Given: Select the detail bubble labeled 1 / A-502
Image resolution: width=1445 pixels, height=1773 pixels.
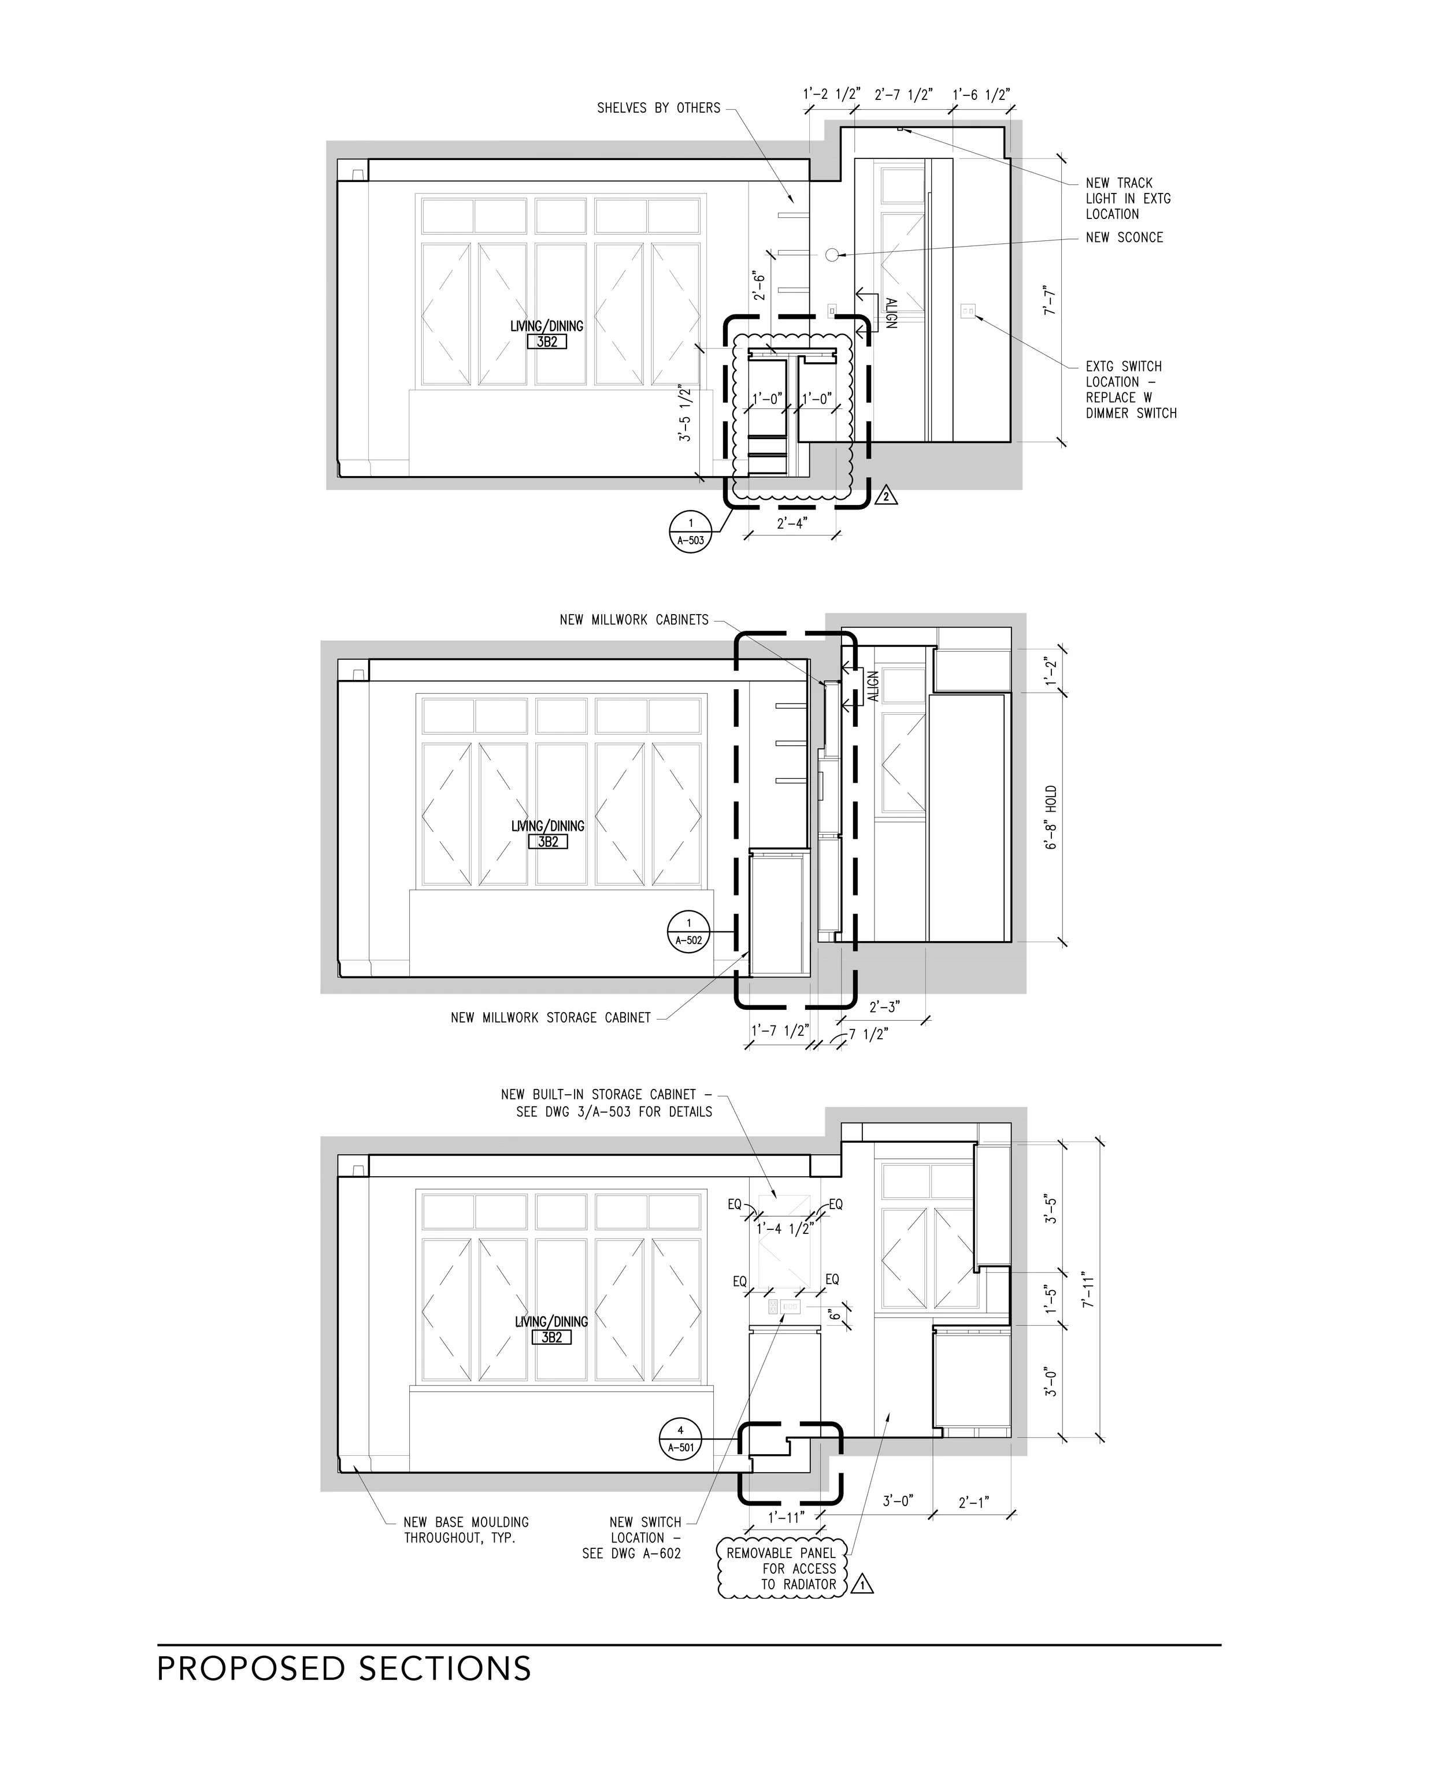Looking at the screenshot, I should pyautogui.click(x=688, y=932).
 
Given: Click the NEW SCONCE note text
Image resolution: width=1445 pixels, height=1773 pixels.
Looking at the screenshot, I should pyautogui.click(x=1124, y=238).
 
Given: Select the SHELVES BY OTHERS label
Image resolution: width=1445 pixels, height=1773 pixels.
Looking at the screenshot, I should pyautogui.click(x=658, y=108).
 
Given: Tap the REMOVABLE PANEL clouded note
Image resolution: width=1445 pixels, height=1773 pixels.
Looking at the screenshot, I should pyautogui.click(x=781, y=1568).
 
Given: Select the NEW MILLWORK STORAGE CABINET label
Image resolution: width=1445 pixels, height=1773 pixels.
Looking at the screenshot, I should pyautogui.click(x=550, y=1017).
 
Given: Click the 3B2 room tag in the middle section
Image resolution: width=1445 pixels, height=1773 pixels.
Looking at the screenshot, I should pyautogui.click(x=548, y=842).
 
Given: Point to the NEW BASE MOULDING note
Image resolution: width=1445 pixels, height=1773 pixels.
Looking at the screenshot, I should pyautogui.click(x=466, y=1530).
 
